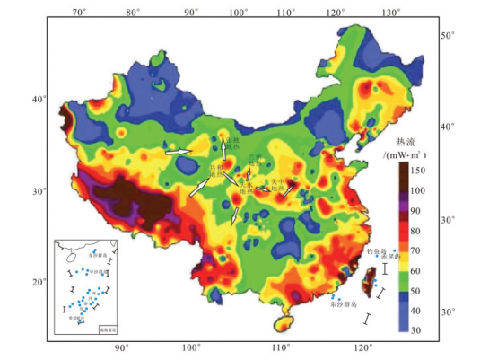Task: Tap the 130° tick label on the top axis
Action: pos(389,12)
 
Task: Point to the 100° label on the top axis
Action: pos(238,12)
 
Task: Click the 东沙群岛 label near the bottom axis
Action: pos(344,305)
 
